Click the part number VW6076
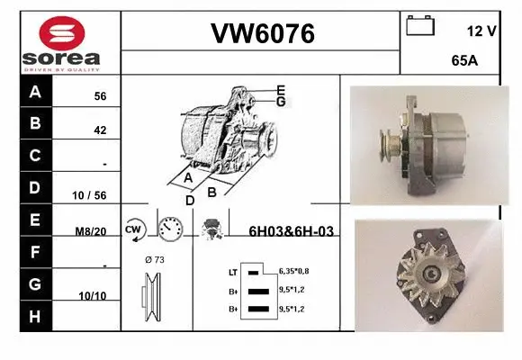(262, 34)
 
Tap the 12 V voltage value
(481, 31)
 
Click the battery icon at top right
(420, 26)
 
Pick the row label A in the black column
(34, 91)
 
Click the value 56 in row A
(100, 96)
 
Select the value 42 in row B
(100, 130)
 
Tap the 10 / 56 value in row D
(94, 195)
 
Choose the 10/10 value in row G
(93, 295)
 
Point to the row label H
(34, 316)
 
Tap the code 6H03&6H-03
(291, 231)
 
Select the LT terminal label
(232, 271)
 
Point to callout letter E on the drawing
(281, 90)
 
